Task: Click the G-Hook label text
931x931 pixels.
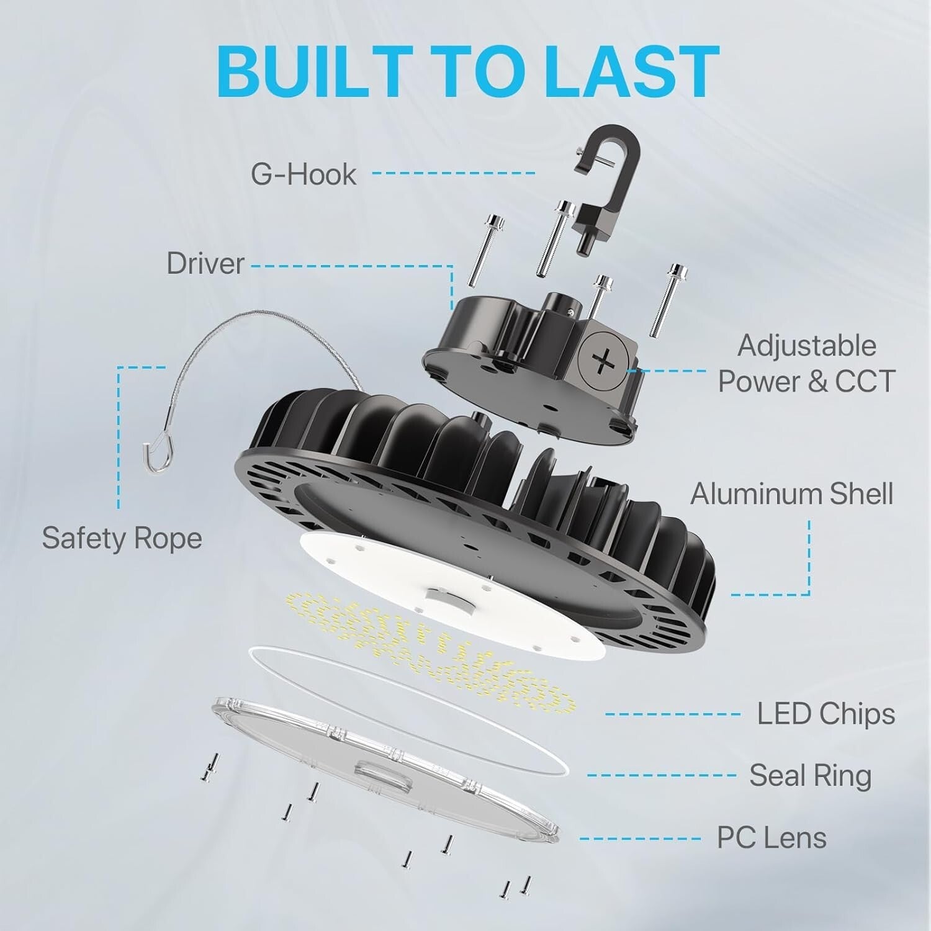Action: pyautogui.click(x=304, y=174)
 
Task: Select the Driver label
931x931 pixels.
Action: pyautogui.click(x=205, y=264)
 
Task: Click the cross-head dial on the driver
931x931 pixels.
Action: pyautogui.click(x=601, y=360)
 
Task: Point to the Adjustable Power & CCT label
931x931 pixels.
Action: pyautogui.click(x=806, y=364)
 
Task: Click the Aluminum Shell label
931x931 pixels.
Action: pyautogui.click(x=791, y=494)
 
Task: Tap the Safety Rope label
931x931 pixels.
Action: pyautogui.click(x=122, y=538)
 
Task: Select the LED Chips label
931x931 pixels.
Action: pyautogui.click(x=825, y=714)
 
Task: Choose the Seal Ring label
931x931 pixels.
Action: pyautogui.click(x=810, y=776)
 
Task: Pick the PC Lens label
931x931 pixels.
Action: pyautogui.click(x=771, y=838)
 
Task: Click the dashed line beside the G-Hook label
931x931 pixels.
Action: pyautogui.click(x=453, y=173)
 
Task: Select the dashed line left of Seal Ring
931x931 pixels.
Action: pyautogui.click(x=661, y=775)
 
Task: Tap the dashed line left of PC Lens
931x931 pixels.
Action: pyautogui.click(x=645, y=839)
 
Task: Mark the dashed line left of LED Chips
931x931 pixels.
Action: pyautogui.click(x=673, y=714)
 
